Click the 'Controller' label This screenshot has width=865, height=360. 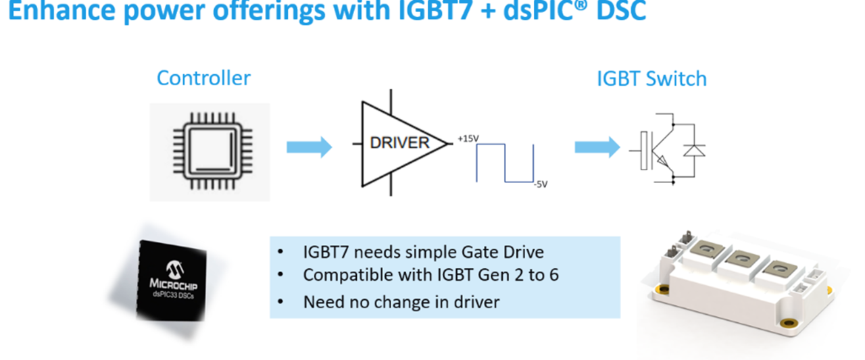tap(203, 78)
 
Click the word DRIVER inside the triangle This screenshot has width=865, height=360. tap(399, 143)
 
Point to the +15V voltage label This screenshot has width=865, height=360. tap(468, 138)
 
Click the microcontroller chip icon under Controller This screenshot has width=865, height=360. tap(209, 151)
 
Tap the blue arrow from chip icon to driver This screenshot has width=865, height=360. tap(309, 147)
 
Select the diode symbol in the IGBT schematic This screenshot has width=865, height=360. tap(693, 150)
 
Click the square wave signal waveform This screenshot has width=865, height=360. tap(505, 163)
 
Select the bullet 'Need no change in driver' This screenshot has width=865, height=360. tap(401, 301)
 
